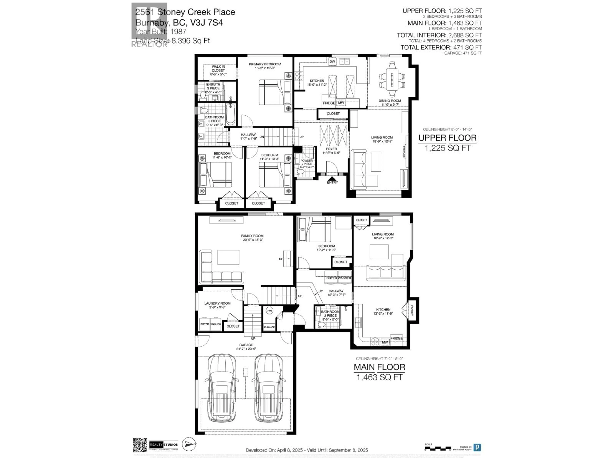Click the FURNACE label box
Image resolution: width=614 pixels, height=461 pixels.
tap(269, 327)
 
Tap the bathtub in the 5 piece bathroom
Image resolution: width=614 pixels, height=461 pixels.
tap(231, 114)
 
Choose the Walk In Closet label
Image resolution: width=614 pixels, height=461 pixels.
tap(218, 70)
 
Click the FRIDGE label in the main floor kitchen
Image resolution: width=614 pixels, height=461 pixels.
tap(396, 338)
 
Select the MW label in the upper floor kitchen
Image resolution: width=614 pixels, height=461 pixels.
tap(341, 103)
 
